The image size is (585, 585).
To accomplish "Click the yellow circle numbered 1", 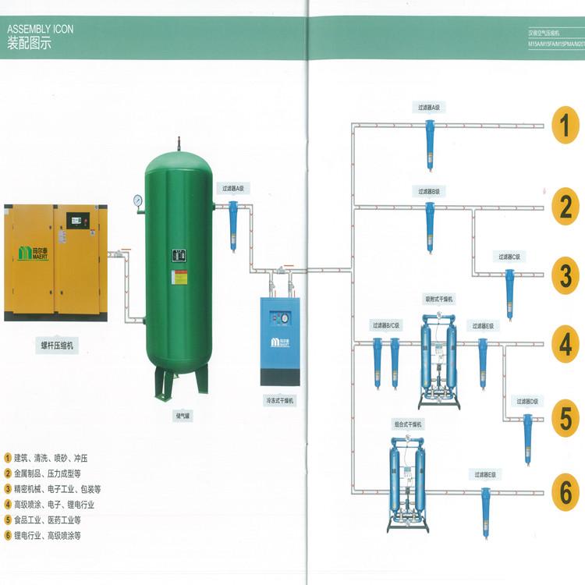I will [566, 125].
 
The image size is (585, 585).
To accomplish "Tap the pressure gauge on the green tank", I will [139, 200].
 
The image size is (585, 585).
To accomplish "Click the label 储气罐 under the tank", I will [182, 416].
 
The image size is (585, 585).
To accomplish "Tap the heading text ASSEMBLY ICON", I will [41, 30].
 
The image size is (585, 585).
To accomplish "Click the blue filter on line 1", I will [430, 144].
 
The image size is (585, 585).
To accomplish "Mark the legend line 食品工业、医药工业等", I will [46, 519].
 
